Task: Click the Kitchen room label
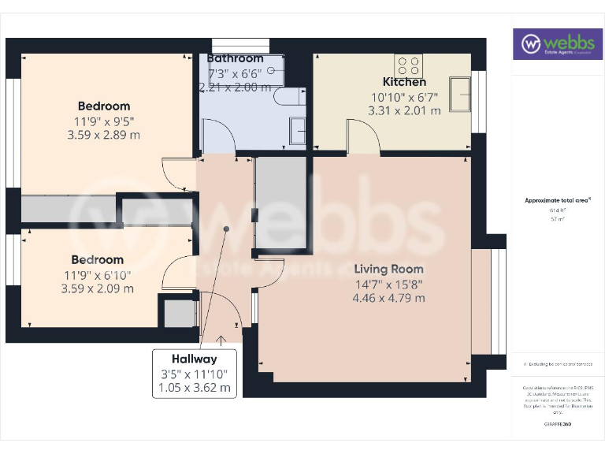coord(404,82)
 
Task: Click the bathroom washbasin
coord(298,131)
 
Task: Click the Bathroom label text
coord(235,58)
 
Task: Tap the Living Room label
coord(389,269)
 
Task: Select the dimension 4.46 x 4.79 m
coord(389,298)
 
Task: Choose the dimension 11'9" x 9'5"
coord(103,121)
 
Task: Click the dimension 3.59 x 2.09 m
coord(97,288)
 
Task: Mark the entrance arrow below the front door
coord(221,340)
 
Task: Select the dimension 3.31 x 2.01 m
coord(404,111)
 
